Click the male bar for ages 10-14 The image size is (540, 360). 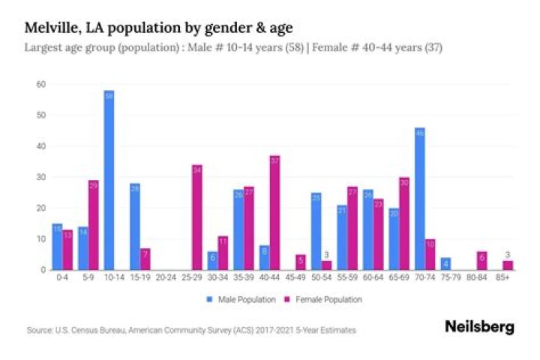(x=109, y=180)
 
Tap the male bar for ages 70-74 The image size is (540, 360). (x=419, y=199)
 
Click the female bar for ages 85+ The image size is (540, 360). (x=507, y=265)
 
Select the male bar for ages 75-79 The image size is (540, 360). (x=445, y=264)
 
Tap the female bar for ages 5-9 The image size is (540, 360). (x=93, y=225)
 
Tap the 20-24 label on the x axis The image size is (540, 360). (x=166, y=278)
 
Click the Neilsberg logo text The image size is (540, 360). (x=480, y=327)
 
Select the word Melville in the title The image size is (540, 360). (x=50, y=28)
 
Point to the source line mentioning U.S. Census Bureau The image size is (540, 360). (x=190, y=329)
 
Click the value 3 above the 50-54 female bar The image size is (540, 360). (x=326, y=254)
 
